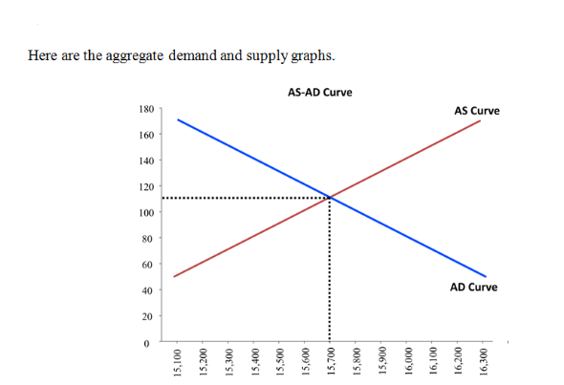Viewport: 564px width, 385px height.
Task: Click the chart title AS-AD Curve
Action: (x=318, y=93)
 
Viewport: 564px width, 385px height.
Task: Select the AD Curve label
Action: (x=473, y=287)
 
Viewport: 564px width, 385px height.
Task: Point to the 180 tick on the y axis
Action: (x=146, y=111)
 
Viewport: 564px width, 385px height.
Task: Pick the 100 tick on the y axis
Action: (x=146, y=211)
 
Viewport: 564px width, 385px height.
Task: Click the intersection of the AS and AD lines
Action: (x=331, y=198)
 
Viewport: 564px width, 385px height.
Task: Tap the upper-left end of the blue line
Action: (x=177, y=119)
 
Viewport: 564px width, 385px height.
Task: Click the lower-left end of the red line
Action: (x=174, y=276)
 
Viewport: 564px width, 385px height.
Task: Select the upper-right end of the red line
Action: (x=480, y=120)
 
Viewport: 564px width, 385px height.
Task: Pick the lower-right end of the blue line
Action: (x=486, y=276)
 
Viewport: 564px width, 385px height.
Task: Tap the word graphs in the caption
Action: (x=313, y=55)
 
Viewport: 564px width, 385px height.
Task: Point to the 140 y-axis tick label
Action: (x=146, y=162)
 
